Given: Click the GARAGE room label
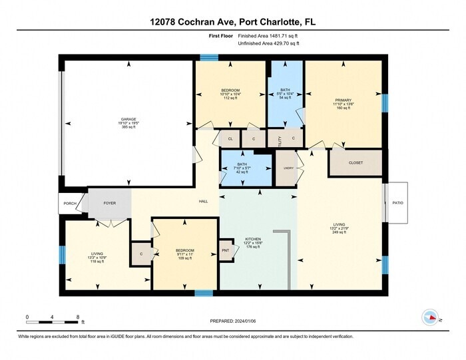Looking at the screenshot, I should [128, 119].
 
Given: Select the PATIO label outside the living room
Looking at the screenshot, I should [397, 203].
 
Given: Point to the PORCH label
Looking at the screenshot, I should [69, 204].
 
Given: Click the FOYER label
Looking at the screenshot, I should [109, 204].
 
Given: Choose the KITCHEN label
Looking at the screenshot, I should [253, 239].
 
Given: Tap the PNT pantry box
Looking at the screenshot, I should [226, 251].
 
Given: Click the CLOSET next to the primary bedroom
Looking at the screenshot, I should [355, 162].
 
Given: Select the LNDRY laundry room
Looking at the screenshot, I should [288, 168].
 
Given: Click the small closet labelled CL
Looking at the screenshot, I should [230, 138].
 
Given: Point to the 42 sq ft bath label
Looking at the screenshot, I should [242, 168].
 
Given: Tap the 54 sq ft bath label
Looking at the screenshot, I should [285, 92].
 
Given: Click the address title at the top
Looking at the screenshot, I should [233, 21].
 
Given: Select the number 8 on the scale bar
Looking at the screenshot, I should [78, 317].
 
